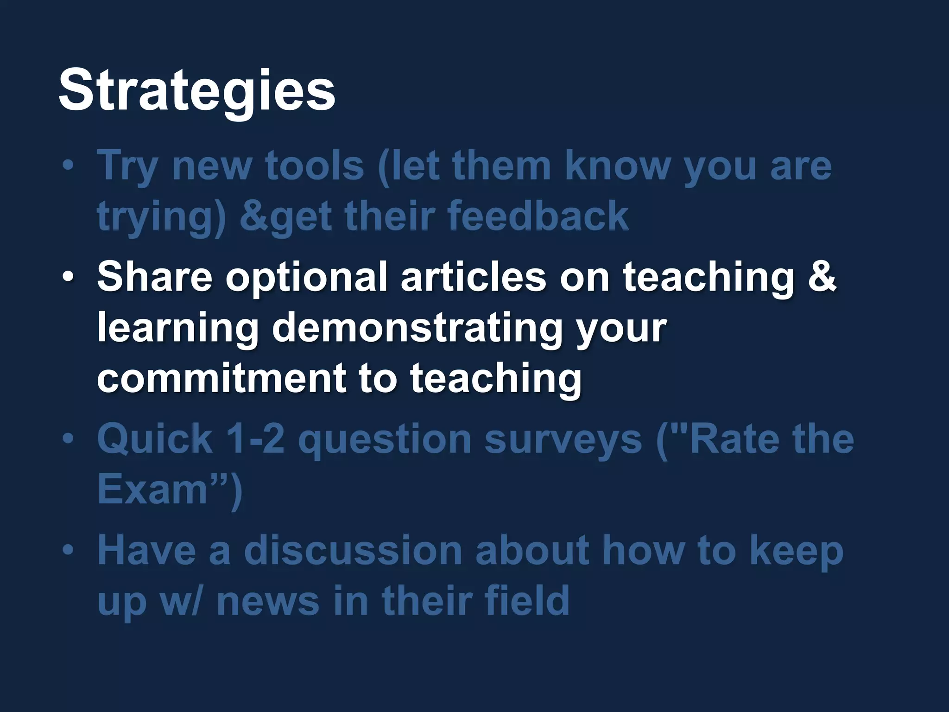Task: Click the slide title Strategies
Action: [196, 90]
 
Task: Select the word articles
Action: [473, 277]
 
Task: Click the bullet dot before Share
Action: [68, 277]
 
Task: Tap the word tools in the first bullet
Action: [315, 165]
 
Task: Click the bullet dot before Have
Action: [68, 550]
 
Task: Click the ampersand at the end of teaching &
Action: [822, 277]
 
